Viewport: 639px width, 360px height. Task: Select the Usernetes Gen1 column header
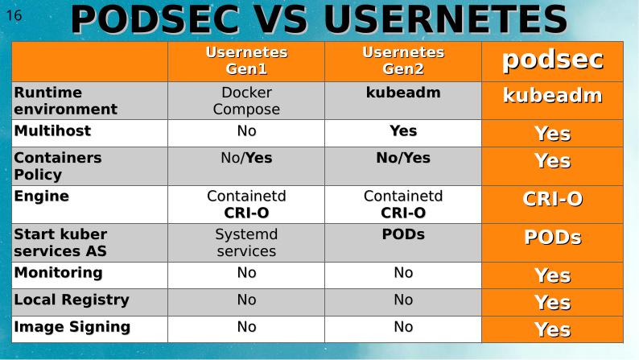coord(246,60)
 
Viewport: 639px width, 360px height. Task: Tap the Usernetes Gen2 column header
coord(402,60)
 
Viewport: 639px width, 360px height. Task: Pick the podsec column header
coord(552,60)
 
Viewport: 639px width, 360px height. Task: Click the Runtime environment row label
coord(65,101)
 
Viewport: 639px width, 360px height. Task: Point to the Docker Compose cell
coord(246,101)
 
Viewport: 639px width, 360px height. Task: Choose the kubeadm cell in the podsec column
coord(552,96)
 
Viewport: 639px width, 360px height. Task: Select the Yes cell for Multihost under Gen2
coord(402,130)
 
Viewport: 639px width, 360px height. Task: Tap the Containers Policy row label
coord(58,166)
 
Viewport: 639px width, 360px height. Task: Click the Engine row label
coord(41,196)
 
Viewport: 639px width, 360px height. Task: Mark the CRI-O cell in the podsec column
coord(552,200)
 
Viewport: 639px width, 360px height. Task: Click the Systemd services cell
coord(246,242)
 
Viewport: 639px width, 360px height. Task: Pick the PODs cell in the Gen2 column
coord(402,234)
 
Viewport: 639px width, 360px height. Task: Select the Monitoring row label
coord(58,272)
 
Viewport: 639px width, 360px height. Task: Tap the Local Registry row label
coord(71,300)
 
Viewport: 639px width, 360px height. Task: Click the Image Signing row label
coord(72,327)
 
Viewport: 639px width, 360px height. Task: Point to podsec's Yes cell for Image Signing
coord(552,330)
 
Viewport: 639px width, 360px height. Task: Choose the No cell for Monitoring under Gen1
coord(246,273)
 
